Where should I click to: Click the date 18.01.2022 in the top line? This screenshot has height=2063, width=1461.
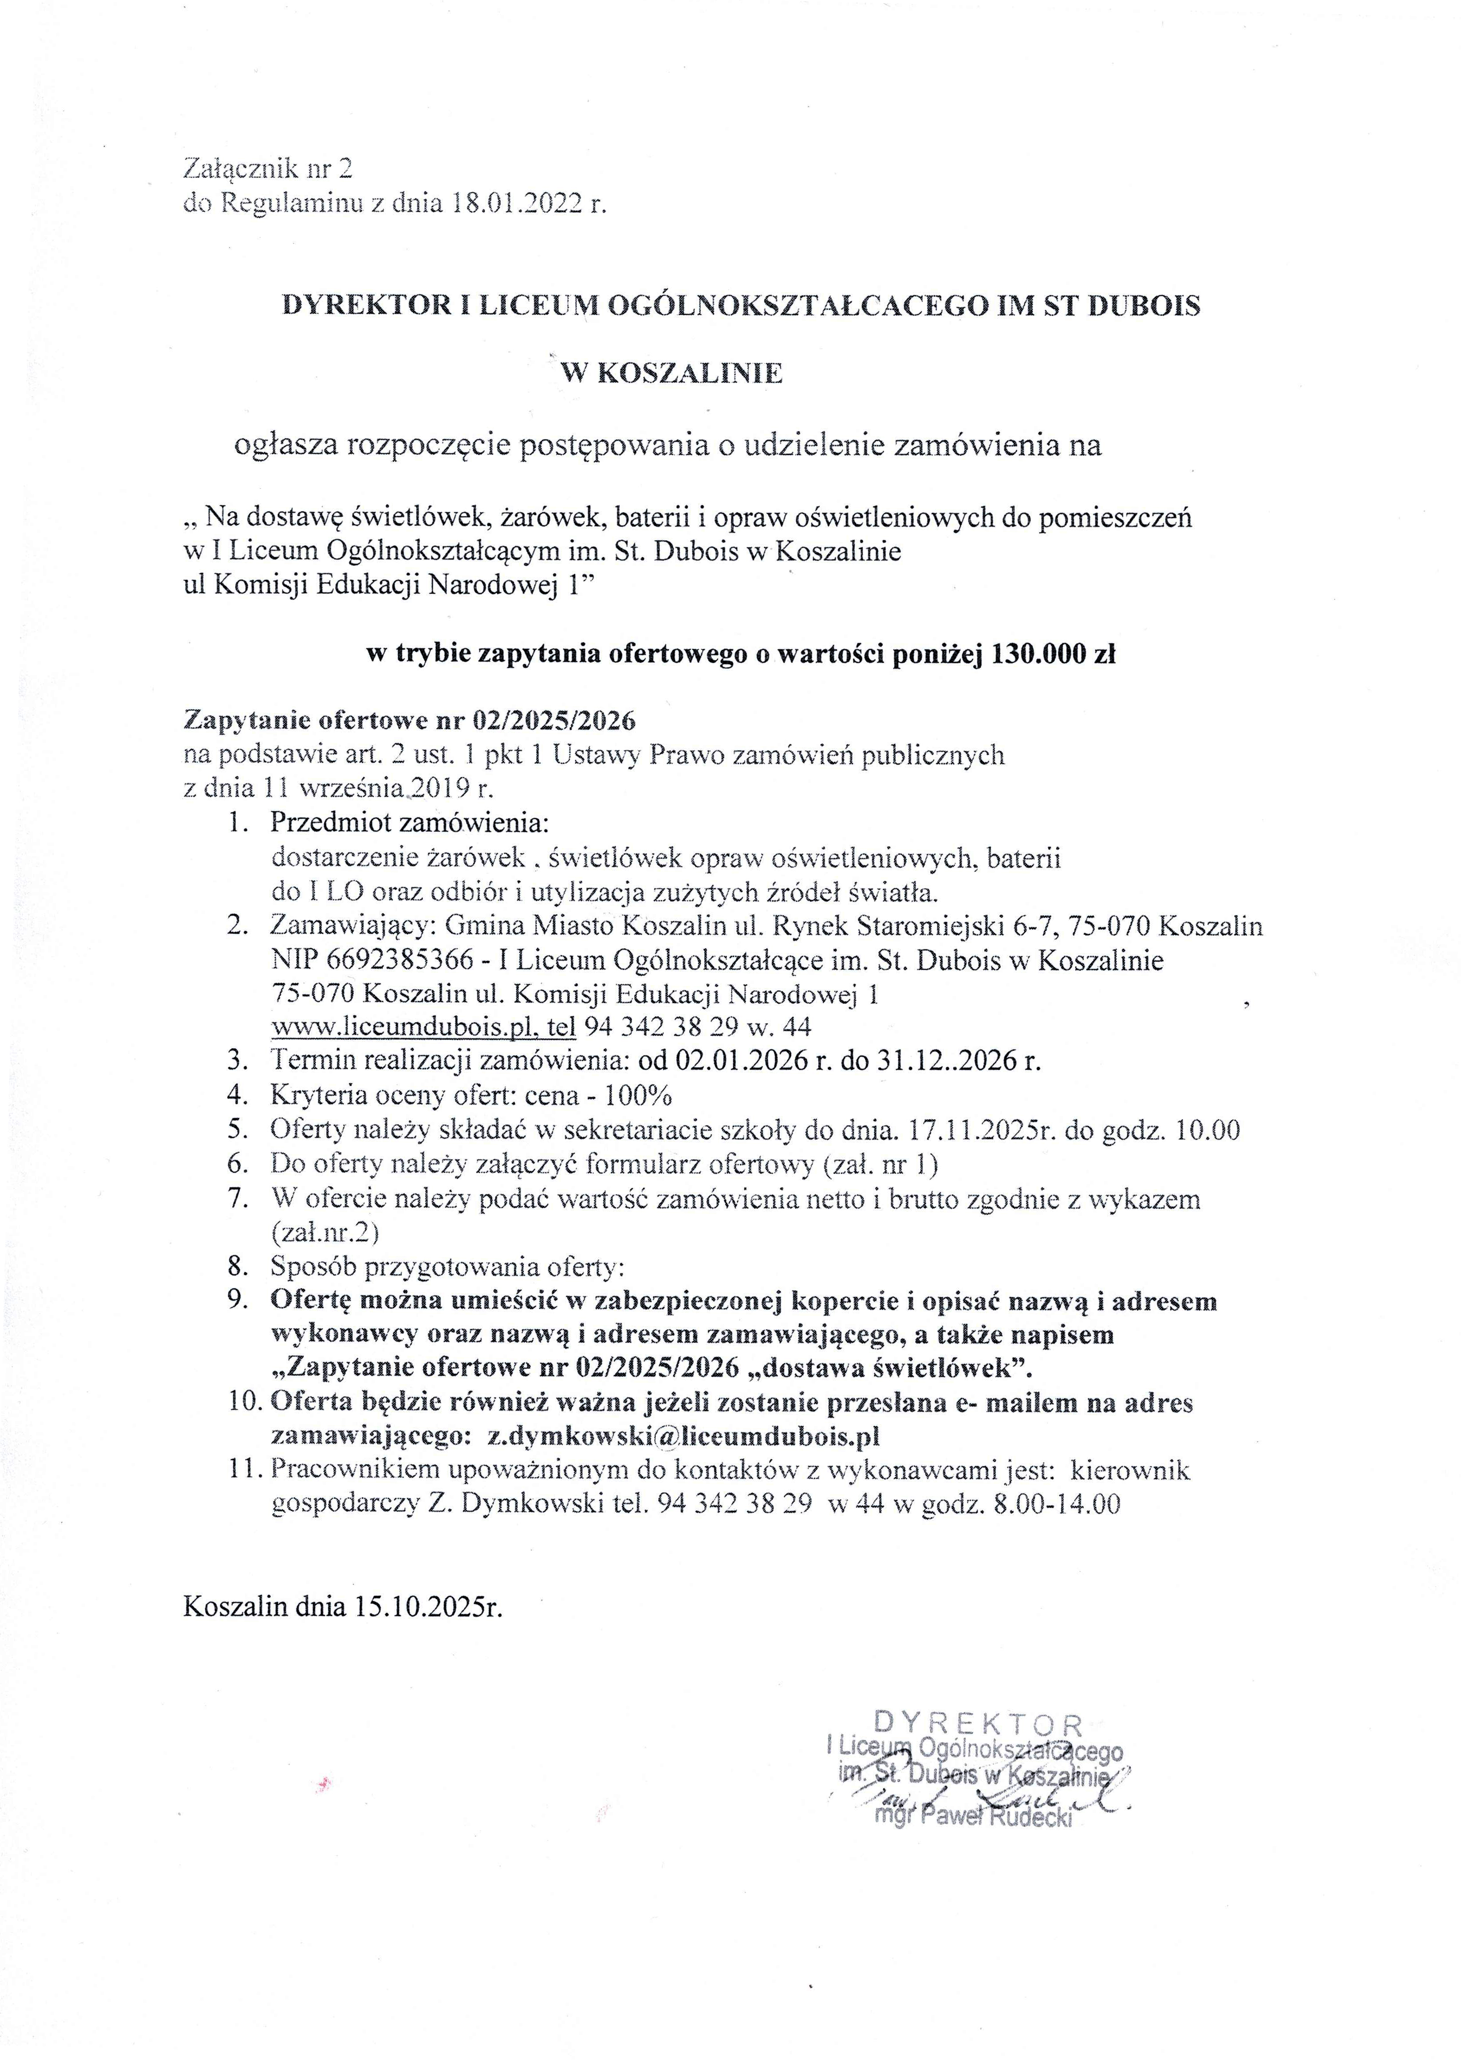tap(517, 205)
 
